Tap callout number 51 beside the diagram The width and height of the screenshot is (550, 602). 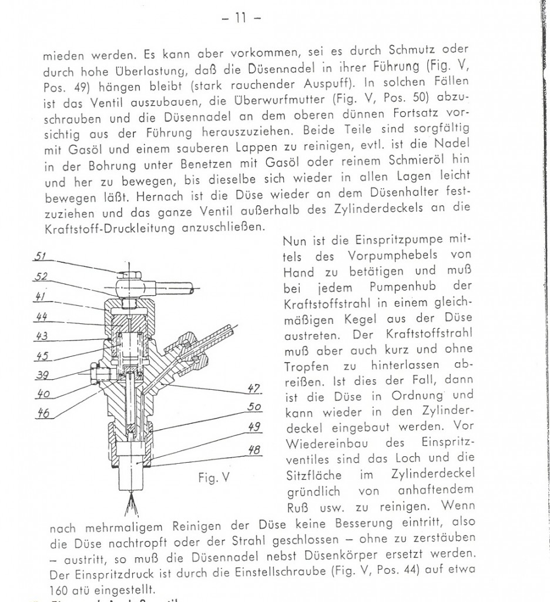[42, 257]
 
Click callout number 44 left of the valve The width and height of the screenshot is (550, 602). [41, 317]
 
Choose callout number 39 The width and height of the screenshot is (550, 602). [42, 375]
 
